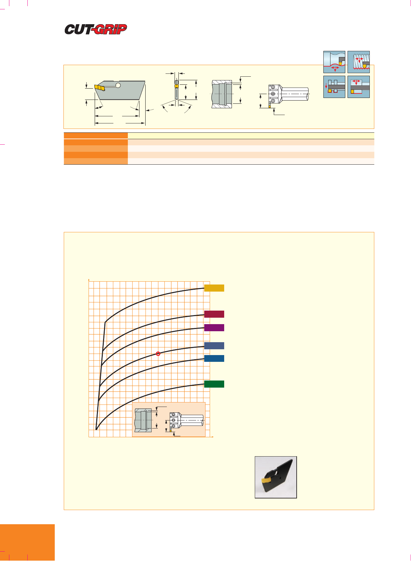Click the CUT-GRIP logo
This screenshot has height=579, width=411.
tap(96, 29)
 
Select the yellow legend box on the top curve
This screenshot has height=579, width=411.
tap(214, 288)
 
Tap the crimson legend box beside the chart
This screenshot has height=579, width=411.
tap(214, 314)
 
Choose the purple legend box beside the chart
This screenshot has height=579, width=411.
tap(214, 328)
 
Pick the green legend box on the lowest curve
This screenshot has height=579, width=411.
tap(214, 384)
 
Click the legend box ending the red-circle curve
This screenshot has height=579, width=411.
tap(214, 346)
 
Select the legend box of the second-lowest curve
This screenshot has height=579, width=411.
tap(214, 359)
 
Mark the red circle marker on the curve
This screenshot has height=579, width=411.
tap(158, 354)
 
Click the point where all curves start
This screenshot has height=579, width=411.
tap(96, 429)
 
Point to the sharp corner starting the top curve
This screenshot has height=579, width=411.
tap(105, 322)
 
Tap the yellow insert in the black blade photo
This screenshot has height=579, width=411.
tap(267, 480)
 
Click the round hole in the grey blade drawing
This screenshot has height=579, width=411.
tap(118, 85)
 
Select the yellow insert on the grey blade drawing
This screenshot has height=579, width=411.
tap(100, 88)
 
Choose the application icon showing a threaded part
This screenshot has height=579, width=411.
tap(358, 62)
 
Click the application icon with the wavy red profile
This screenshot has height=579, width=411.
tap(334, 62)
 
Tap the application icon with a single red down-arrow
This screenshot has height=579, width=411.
tap(334, 87)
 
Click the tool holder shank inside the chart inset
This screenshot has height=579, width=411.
tap(192, 421)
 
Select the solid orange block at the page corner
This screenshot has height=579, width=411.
tap(27, 542)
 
